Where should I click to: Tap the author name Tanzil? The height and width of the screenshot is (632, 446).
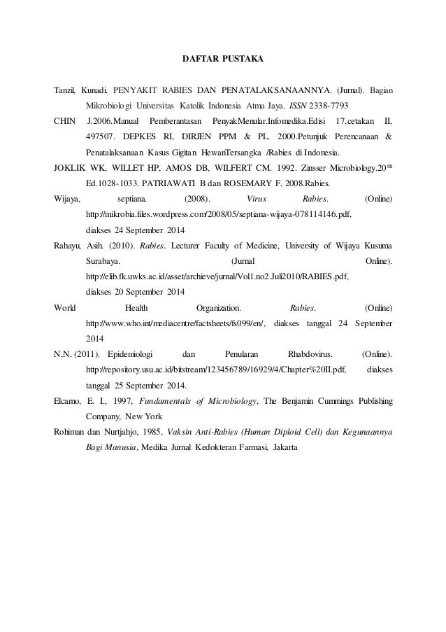(x=65, y=91)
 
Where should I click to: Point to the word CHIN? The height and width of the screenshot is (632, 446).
(x=64, y=121)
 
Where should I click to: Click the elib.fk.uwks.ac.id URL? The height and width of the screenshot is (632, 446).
(x=216, y=276)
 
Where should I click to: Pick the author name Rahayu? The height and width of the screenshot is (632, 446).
(x=68, y=246)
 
